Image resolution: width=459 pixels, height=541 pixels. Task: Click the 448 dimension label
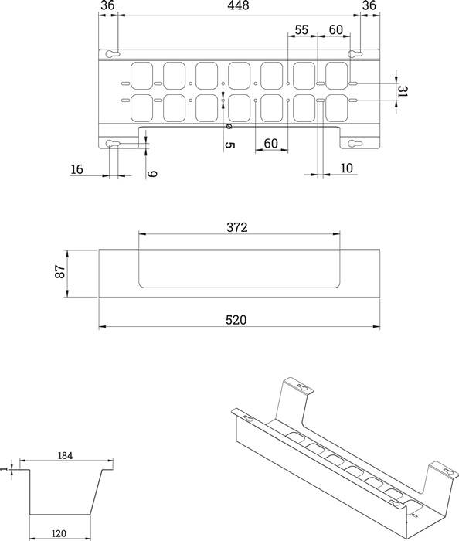237,7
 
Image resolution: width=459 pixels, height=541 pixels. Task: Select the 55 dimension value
302,29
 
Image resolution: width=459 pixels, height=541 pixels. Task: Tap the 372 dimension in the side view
237,227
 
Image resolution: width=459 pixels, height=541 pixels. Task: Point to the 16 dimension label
76,169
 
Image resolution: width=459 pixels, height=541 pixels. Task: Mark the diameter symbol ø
229,127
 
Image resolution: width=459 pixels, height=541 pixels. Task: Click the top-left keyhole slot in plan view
113,54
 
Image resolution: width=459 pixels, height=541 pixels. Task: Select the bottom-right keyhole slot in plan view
355,144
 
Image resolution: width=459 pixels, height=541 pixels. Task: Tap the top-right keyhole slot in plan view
355,54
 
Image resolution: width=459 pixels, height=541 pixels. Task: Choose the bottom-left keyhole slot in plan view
113,144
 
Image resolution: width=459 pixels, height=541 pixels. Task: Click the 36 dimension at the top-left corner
107,7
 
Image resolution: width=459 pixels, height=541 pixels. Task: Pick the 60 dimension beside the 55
335,29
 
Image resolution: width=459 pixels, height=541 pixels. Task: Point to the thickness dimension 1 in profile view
5,468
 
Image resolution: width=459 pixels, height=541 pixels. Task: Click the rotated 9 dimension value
152,174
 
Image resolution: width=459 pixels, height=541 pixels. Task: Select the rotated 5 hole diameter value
229,145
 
